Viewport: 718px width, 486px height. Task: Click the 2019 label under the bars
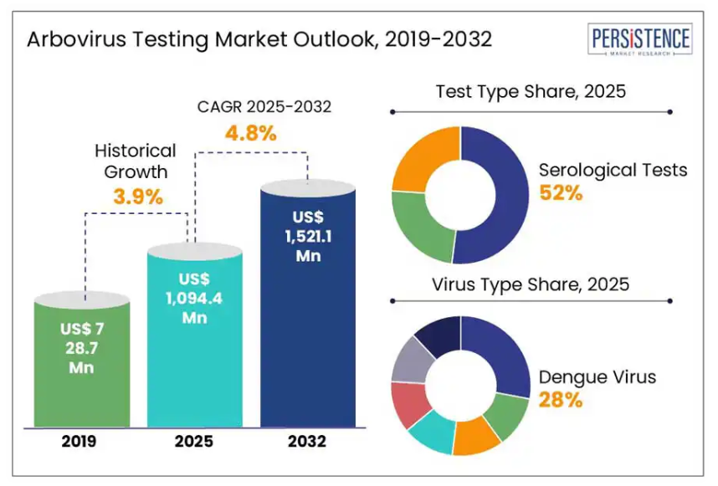click(81, 441)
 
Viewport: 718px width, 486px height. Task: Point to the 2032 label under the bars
click(308, 441)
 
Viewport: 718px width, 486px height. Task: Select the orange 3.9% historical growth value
click(137, 197)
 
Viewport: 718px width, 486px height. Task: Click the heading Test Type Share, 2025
click(531, 92)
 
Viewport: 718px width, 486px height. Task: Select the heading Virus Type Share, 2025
click(531, 284)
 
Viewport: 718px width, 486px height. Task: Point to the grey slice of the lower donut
click(409, 360)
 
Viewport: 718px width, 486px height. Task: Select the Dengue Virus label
click(597, 376)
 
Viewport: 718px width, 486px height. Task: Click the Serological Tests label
click(613, 170)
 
